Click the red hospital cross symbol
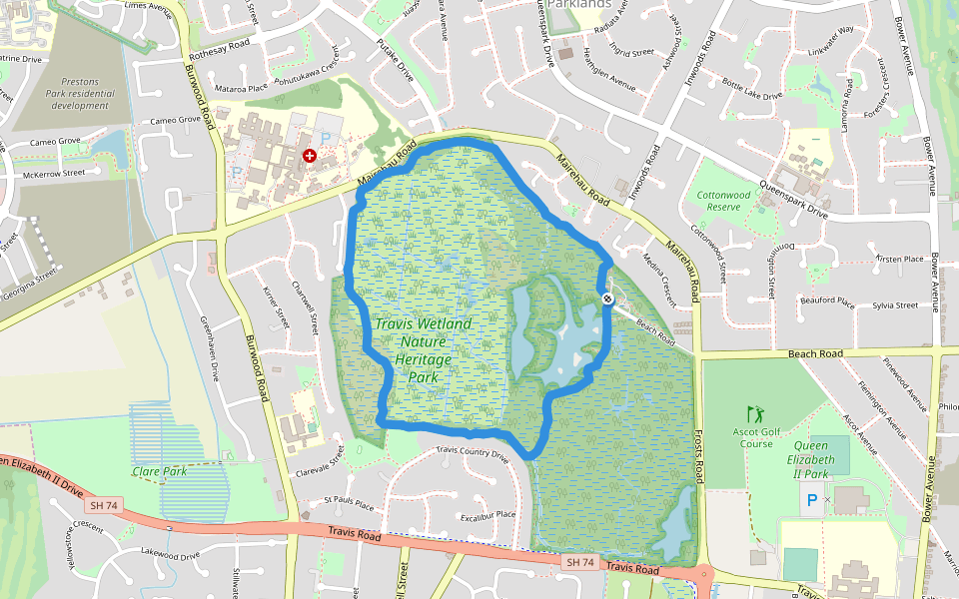coord(310,156)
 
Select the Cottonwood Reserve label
coord(724,201)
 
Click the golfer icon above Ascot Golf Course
coord(754,412)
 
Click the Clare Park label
coord(160,470)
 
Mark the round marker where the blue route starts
coord(607,299)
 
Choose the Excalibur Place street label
coord(487,515)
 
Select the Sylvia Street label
coord(894,305)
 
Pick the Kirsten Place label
coord(900,259)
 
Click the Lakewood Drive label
coord(171,552)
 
